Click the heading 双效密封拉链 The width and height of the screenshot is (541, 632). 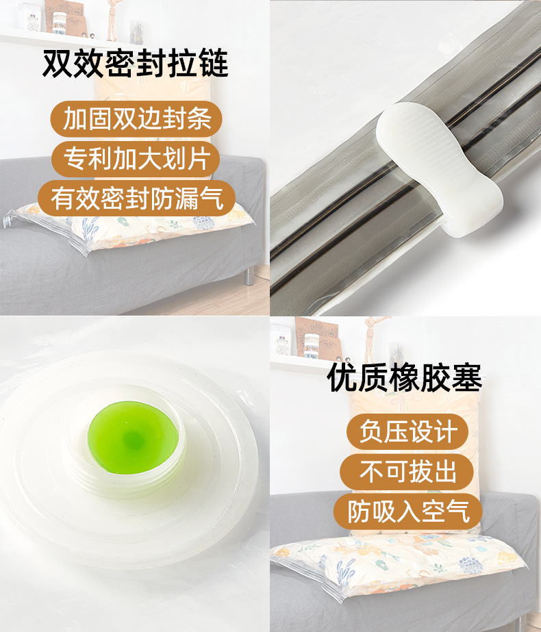click(x=135, y=64)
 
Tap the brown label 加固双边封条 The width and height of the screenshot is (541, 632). click(x=136, y=118)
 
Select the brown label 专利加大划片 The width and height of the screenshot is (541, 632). click(x=136, y=159)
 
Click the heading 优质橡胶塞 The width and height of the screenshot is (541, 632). click(x=404, y=379)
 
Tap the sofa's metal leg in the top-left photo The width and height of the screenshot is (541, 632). click(x=249, y=275)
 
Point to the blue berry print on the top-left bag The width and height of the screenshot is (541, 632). click(x=203, y=223)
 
